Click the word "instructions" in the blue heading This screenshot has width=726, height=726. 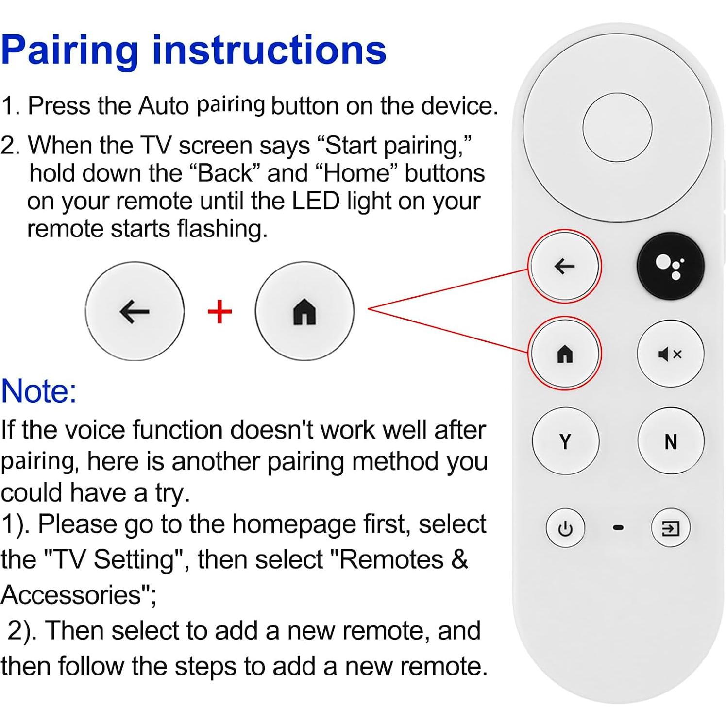click(269, 50)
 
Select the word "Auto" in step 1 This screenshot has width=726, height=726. click(163, 106)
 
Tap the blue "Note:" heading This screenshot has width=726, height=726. click(39, 391)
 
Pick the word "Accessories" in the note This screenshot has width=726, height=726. click(71, 595)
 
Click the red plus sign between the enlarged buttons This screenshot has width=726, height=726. click(219, 312)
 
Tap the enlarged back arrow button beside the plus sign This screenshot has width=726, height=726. click(135, 311)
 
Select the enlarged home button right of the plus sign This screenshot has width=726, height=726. click(304, 311)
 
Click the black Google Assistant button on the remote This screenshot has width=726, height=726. click(670, 266)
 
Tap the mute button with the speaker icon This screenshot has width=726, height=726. click(670, 354)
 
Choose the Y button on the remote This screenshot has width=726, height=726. click(565, 441)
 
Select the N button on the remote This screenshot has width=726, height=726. click(670, 441)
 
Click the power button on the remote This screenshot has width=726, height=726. click(565, 528)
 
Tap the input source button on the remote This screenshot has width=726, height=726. click(670, 528)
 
